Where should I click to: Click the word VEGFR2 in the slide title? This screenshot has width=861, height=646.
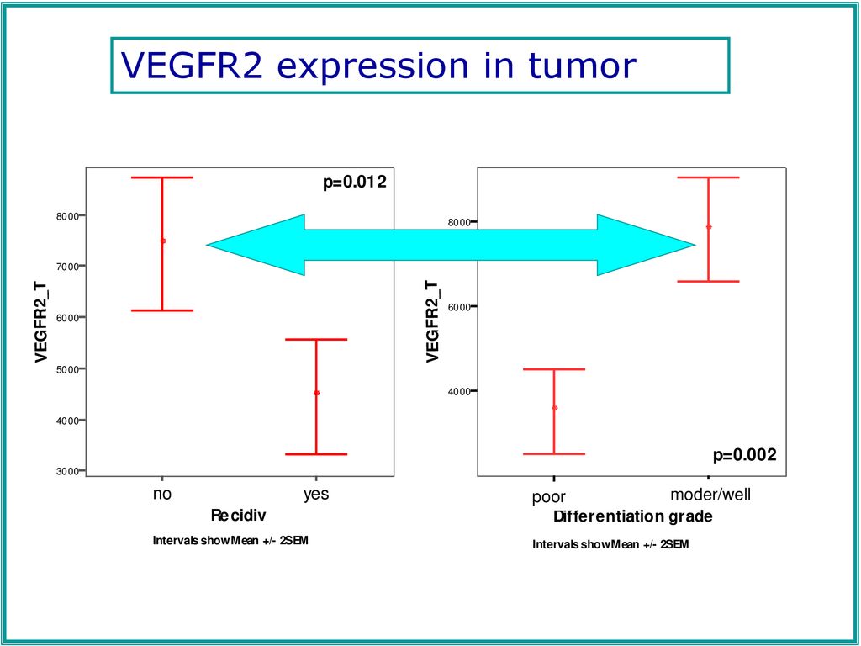coord(192,65)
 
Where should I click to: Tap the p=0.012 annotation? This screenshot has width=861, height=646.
coord(355,183)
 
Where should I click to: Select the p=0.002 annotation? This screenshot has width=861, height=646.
coord(745,455)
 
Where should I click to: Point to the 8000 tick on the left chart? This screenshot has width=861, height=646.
coord(67,216)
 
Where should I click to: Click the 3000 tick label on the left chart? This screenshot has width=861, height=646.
coord(67,471)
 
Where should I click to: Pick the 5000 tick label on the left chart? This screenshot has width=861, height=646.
coord(67,369)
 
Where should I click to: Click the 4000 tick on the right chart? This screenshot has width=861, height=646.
coord(460,391)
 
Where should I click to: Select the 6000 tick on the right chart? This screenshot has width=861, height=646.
coord(460,306)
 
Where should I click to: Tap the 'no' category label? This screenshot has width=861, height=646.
coord(162,494)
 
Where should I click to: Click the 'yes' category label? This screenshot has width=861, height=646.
coord(316,494)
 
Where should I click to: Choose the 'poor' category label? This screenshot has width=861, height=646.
coord(548,497)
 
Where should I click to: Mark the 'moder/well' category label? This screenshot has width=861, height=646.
coord(710,495)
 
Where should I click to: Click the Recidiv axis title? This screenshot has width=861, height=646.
coord(238,516)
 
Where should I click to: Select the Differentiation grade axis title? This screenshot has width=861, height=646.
coord(633,516)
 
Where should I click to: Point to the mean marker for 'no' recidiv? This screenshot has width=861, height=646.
coord(162,241)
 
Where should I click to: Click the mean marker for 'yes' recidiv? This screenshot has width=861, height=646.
coord(316,393)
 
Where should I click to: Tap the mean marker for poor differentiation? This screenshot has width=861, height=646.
coord(555,408)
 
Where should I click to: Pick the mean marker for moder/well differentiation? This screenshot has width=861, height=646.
coord(709,226)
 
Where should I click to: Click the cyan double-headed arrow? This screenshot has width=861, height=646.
coord(451,245)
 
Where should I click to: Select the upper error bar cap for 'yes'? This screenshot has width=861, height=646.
coord(316,340)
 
